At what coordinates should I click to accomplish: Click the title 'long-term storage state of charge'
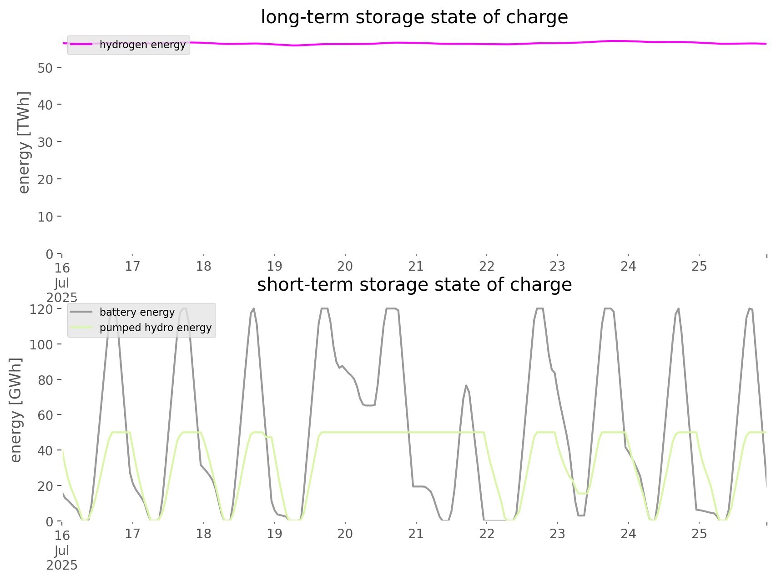pyautogui.click(x=414, y=17)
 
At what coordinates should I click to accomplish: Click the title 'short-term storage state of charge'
pyautogui.click(x=414, y=285)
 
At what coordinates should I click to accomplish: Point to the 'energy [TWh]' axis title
pyautogui.click(x=24, y=142)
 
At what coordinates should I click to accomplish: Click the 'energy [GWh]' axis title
pyautogui.click(x=16, y=410)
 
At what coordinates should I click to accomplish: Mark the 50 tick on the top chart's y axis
pyautogui.click(x=45, y=68)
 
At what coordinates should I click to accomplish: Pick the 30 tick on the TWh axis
pyautogui.click(x=45, y=142)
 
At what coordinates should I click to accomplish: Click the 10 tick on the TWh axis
pyautogui.click(x=45, y=217)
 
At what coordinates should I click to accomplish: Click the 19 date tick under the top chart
pyautogui.click(x=274, y=266)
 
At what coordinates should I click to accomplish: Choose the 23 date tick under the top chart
pyautogui.click(x=558, y=266)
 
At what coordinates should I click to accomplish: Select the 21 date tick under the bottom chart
pyautogui.click(x=416, y=534)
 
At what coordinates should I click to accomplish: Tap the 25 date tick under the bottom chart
pyautogui.click(x=699, y=534)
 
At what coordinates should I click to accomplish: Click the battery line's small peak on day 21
pyautogui.click(x=466, y=386)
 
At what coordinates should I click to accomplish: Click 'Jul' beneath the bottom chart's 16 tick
pyautogui.click(x=62, y=551)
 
